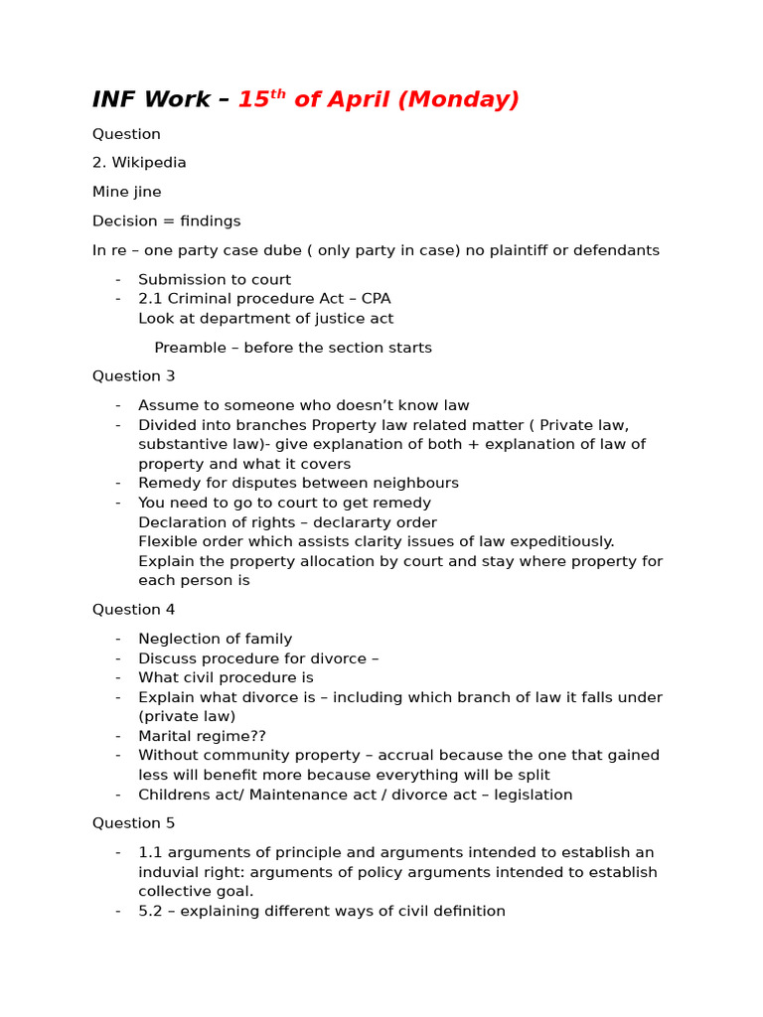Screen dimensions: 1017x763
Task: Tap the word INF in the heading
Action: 114,100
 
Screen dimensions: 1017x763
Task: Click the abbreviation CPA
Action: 376,299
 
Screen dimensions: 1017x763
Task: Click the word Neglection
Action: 178,640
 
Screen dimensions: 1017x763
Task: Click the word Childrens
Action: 175,796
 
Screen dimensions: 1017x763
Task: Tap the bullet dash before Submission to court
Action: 118,280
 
